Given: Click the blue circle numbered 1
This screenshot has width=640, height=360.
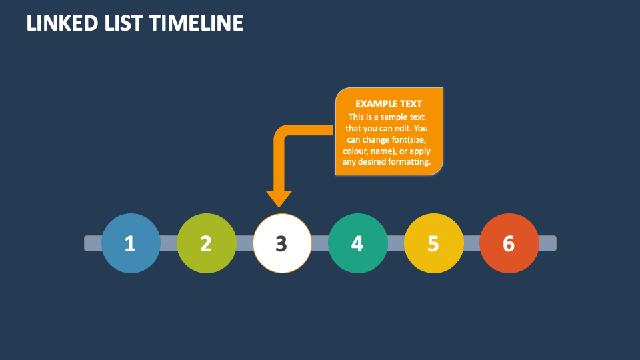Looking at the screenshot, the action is pos(131,243).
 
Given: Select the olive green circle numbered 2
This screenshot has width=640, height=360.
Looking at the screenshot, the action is pos(207,243).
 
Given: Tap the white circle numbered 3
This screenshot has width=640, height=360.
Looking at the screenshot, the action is pos(282,243).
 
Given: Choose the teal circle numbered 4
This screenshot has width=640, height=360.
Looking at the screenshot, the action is pos(358,243).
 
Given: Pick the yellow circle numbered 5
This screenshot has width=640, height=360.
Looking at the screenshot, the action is pos(434,243).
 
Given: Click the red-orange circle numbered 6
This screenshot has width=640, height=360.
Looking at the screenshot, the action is pos(509,243).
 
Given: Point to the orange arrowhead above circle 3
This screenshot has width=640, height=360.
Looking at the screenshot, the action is pos(279,199).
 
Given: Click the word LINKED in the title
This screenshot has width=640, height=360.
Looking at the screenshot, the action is pos(62,23).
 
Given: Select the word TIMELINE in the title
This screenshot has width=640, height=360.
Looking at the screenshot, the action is pos(196,23).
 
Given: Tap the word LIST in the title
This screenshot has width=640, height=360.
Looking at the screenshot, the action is pos(123,23).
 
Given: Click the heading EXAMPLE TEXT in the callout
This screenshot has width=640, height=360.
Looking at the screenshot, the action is pos(389,104).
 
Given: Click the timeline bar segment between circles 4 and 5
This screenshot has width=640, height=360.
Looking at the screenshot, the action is pos(396,243).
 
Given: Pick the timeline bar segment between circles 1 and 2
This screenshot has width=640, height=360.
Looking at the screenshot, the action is pos(169,243).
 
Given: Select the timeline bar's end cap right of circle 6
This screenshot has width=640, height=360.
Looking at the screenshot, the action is pos(547,243).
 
